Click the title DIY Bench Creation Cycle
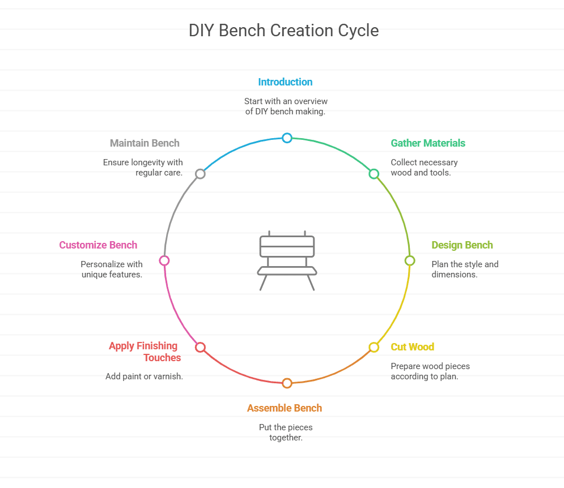(283, 31)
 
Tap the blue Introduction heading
(285, 82)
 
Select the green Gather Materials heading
(428, 143)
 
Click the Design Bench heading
(462, 245)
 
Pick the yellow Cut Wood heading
(412, 347)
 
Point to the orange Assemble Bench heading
(285, 408)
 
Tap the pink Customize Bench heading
(98, 245)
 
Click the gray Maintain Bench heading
(145, 143)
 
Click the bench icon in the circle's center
(287, 260)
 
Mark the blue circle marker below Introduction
(287, 138)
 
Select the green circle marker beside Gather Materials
(374, 174)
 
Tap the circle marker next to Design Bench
(409, 260)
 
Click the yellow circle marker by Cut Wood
(374, 347)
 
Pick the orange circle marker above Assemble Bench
(287, 383)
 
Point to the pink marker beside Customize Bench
(164, 260)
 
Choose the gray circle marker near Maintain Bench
(200, 174)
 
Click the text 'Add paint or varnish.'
(144, 376)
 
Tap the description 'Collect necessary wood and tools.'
(424, 168)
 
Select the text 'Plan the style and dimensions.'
(465, 269)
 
